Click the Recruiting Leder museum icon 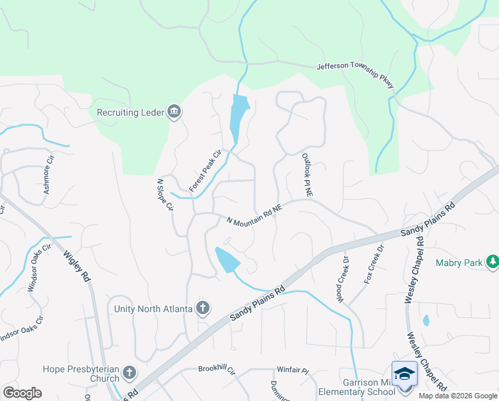click(x=174, y=112)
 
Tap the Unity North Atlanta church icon click(x=203, y=308)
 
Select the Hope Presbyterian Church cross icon click(x=129, y=373)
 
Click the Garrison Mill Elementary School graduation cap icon click(x=404, y=374)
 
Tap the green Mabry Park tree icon click(x=492, y=263)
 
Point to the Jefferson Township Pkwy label click(x=355, y=73)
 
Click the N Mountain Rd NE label click(x=254, y=215)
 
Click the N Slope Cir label click(x=165, y=194)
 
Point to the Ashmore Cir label click(x=47, y=179)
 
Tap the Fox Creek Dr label click(x=374, y=265)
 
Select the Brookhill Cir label click(x=217, y=369)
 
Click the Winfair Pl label click(x=292, y=370)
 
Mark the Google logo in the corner click(x=22, y=392)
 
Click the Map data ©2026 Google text click(x=458, y=396)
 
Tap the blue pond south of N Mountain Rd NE click(x=227, y=259)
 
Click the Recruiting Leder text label click(x=130, y=112)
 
